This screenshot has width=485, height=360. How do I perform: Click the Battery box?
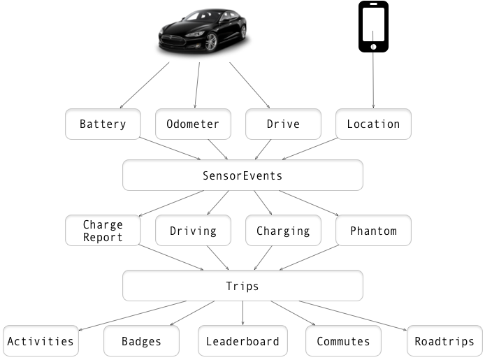tap(103, 124)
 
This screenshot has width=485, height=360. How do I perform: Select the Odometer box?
tap(193, 124)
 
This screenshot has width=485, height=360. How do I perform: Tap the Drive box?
tap(283, 124)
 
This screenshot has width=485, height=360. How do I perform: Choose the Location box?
tap(373, 124)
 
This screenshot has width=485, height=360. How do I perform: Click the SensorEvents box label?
tap(243, 175)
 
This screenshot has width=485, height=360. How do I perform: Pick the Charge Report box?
tap(103, 231)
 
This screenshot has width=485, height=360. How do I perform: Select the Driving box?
tap(193, 231)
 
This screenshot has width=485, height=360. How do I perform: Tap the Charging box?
tap(283, 231)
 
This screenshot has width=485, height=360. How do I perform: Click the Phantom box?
tap(373, 231)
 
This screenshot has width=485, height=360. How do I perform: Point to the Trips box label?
tap(243, 287)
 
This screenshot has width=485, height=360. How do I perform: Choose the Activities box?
tap(41, 341)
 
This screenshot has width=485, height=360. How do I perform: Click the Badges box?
tap(141, 341)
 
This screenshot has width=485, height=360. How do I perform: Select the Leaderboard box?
tap(243, 341)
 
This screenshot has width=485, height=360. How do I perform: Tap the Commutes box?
tap(343, 341)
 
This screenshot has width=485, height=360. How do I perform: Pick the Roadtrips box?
tap(444, 341)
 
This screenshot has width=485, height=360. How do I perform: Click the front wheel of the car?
tap(211, 42)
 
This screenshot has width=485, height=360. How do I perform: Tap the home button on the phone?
tap(373, 47)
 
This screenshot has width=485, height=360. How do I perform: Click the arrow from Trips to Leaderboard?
tap(243, 313)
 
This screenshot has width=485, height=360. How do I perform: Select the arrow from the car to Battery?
tap(145, 85)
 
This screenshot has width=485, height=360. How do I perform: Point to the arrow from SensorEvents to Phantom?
tap(309, 203)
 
